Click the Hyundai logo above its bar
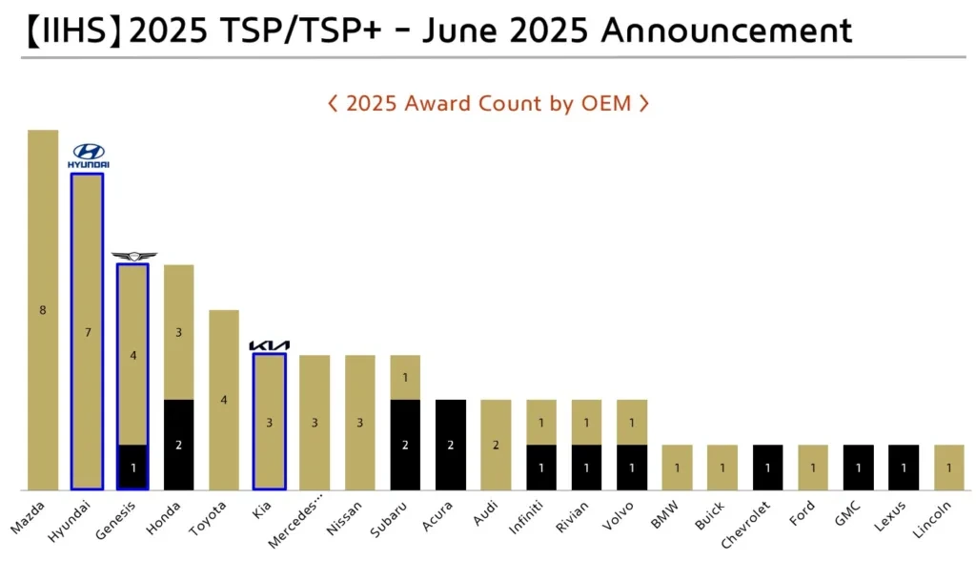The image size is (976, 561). pyautogui.click(x=88, y=156)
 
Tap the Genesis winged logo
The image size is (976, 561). pyautogui.click(x=132, y=256)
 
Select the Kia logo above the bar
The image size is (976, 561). pyautogui.click(x=269, y=345)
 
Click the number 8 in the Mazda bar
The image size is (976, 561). pyautogui.click(x=42, y=310)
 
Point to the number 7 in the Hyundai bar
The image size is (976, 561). pyautogui.click(x=88, y=332)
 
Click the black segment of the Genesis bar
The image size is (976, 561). pyautogui.click(x=132, y=467)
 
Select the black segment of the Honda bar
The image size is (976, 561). pyautogui.click(x=178, y=445)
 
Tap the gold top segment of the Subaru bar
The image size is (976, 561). pyautogui.click(x=404, y=377)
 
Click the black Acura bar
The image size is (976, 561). pyautogui.click(x=450, y=445)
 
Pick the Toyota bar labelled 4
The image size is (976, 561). pyautogui.click(x=224, y=400)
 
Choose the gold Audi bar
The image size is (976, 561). pyautogui.click(x=496, y=445)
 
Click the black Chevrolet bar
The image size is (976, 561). pyautogui.click(x=767, y=467)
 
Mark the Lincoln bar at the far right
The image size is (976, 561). pyautogui.click(x=948, y=467)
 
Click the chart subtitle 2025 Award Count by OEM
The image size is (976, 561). pyautogui.click(x=488, y=103)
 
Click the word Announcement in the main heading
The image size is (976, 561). pyautogui.click(x=726, y=31)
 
